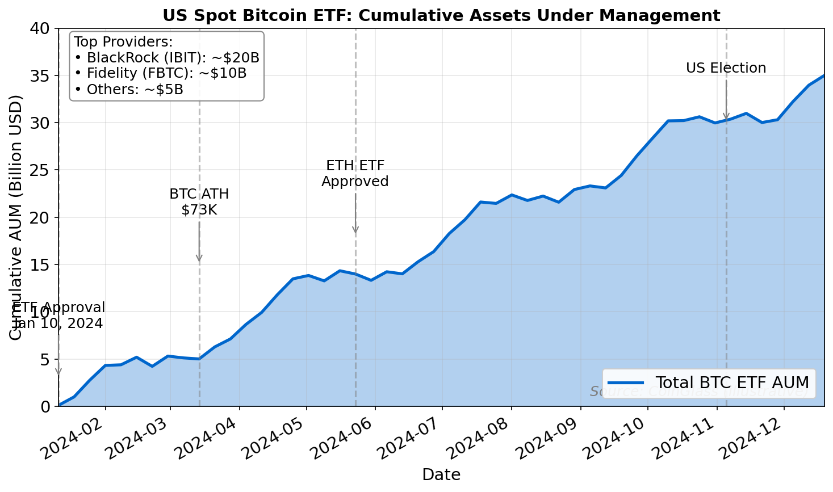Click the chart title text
(x=441, y=15)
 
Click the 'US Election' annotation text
(x=726, y=68)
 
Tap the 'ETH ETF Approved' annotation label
(x=355, y=174)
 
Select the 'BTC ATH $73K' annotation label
(x=199, y=202)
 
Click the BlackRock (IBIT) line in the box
(x=167, y=57)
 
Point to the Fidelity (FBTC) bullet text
(x=161, y=73)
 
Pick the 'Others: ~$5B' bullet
(x=129, y=89)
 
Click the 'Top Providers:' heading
(x=123, y=41)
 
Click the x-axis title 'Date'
(x=441, y=474)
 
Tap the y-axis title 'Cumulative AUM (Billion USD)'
(x=16, y=217)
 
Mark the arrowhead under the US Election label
(x=726, y=117)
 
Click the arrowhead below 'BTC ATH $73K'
(x=199, y=259)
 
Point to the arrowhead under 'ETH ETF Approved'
(x=355, y=230)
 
